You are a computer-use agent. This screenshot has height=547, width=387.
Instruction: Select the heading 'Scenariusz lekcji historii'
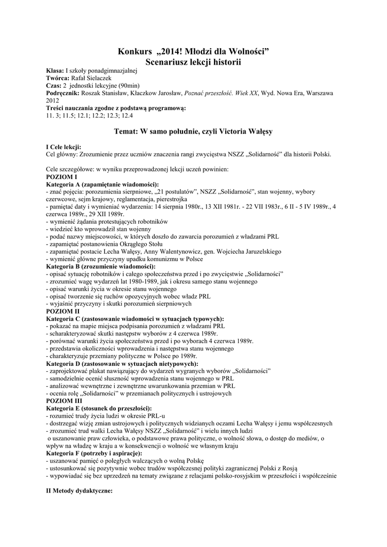pos(193,62)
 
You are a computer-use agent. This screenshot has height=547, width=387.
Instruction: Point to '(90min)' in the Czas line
pos(130,85)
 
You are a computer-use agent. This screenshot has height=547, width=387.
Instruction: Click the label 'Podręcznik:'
pos(64,93)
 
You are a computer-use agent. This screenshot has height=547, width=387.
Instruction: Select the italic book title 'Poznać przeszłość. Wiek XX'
pos(220,93)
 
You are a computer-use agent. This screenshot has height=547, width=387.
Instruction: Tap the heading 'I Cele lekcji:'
pos(65,147)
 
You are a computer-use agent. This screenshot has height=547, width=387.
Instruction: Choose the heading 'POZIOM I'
pos(62,177)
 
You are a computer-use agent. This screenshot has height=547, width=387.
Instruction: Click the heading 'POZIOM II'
pos(63,311)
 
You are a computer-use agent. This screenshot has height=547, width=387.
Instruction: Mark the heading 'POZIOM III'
pos(64,400)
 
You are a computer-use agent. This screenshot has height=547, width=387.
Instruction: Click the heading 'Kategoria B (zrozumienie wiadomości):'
pos(101,266)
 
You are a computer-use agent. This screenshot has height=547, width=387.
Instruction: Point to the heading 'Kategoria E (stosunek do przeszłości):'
pos(99,407)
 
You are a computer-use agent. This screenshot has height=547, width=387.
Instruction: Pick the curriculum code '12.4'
pos(127,115)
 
